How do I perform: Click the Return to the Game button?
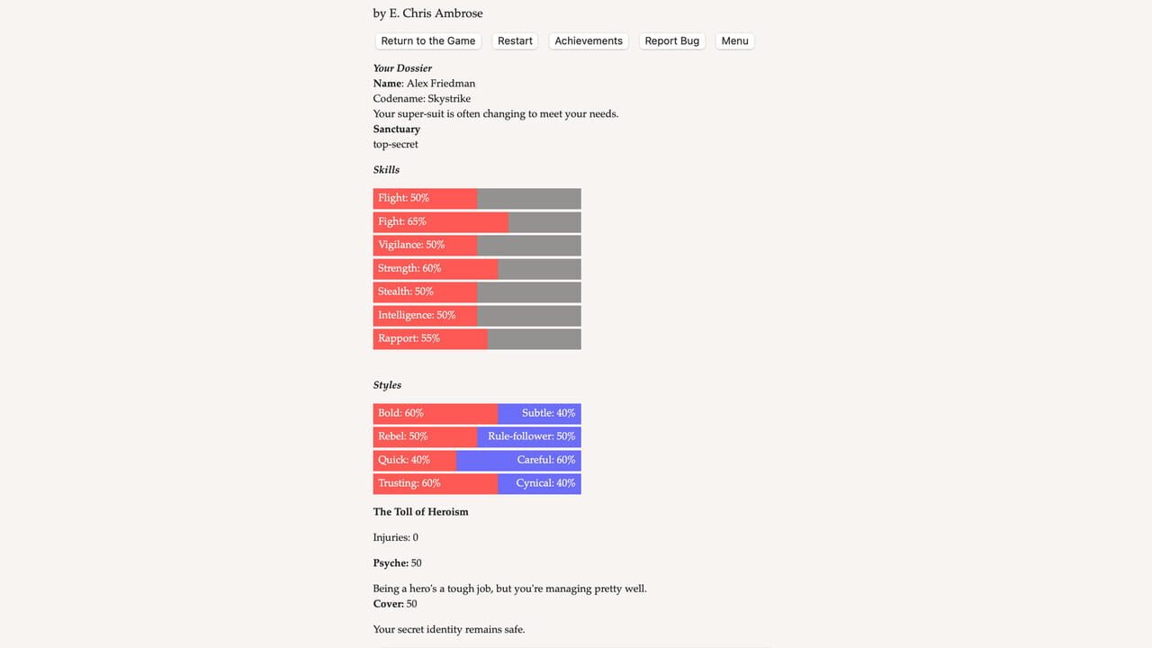click(427, 41)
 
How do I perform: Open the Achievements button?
click(589, 41)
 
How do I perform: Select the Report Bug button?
click(671, 41)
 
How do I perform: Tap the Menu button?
click(734, 41)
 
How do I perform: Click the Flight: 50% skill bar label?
click(403, 198)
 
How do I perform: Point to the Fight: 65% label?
click(401, 221)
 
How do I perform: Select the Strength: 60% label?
click(409, 268)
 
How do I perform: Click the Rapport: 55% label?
click(409, 338)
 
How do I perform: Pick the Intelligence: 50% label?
click(417, 315)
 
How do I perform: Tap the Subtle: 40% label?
click(548, 413)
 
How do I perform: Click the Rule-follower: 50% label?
click(531, 436)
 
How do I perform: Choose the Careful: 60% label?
click(545, 460)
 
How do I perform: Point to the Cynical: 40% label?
click(545, 483)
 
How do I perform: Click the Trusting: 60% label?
click(409, 483)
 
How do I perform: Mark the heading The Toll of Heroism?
click(420, 512)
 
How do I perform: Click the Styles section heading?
click(387, 385)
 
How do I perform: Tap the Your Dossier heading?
click(402, 68)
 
